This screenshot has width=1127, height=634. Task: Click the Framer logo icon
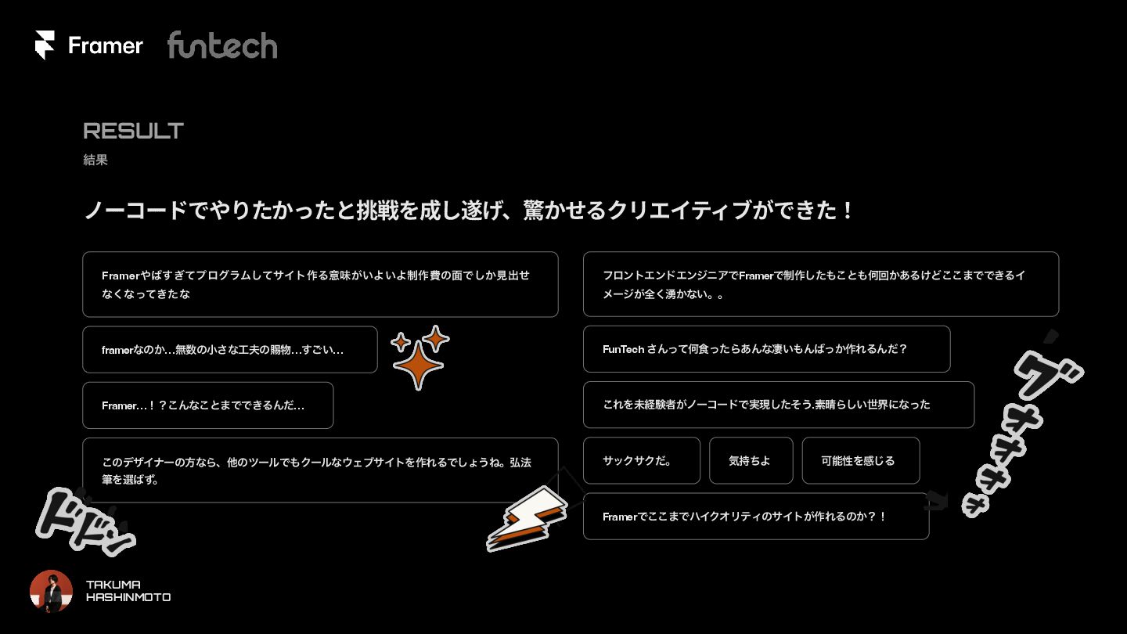(45, 45)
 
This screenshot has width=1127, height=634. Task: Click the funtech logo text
(222, 45)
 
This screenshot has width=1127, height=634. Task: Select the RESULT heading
(133, 131)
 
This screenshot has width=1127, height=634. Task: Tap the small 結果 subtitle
(95, 160)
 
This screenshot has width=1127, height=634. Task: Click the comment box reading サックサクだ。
(641, 461)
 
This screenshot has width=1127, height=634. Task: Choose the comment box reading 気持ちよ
(751, 461)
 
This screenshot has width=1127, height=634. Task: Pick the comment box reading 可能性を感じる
(860, 461)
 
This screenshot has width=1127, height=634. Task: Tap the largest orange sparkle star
(418, 365)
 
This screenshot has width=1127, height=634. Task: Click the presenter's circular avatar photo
(52, 591)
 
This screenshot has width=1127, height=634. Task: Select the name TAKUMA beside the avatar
(113, 585)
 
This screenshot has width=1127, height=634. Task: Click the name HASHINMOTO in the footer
(128, 597)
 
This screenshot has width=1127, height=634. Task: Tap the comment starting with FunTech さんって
(766, 349)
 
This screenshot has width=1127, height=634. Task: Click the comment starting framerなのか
(229, 350)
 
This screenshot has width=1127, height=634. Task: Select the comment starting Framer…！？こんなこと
(207, 405)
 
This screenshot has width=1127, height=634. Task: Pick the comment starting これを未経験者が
(778, 405)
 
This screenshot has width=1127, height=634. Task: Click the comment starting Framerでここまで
(755, 517)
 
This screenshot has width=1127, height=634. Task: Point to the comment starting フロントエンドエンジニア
(820, 284)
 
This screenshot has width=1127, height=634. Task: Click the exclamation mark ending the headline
(848, 211)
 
